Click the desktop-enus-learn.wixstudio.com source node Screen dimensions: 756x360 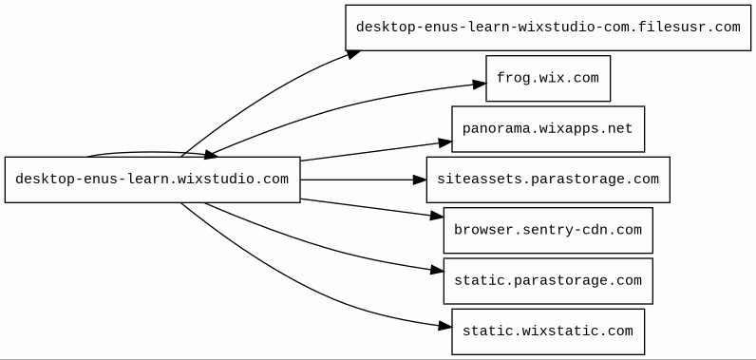(152, 180)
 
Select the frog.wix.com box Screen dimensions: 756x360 (548, 78)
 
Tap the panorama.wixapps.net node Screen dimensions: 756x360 (548, 129)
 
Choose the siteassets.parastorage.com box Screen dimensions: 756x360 (548, 180)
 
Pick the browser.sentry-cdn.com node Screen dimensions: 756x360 (548, 231)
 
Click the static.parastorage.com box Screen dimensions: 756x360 (548, 281)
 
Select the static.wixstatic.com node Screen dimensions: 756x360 (548, 332)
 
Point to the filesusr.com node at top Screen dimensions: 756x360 (548, 28)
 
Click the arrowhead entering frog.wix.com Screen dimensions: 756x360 (480, 85)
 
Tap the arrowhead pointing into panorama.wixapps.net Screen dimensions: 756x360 (445, 142)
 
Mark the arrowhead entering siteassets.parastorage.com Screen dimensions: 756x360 (420, 180)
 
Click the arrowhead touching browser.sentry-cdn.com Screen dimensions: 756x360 (437, 217)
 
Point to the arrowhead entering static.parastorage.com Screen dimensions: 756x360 (437, 271)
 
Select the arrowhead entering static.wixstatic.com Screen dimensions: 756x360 (445, 326)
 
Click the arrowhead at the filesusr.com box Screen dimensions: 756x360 (353, 54)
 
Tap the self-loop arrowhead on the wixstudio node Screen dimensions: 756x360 (211, 154)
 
